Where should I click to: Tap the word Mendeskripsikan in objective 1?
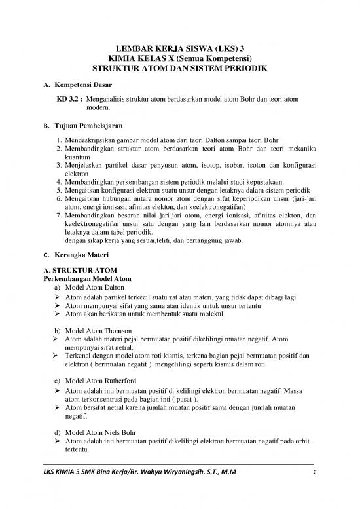pos(91,140)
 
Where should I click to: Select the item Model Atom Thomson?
pos(101,330)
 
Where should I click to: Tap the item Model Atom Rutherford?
pos(103,381)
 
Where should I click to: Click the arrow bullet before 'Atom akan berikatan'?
pos(58,314)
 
